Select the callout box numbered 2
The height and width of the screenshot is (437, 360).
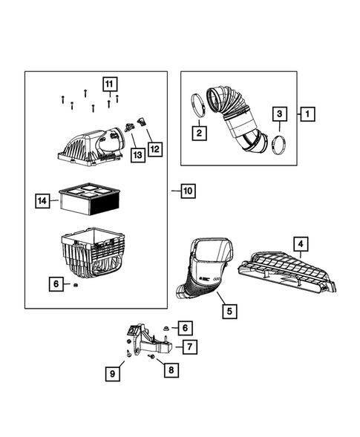[x=198, y=134]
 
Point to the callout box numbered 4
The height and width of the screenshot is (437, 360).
[x=299, y=243]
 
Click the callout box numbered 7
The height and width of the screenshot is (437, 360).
[x=189, y=346]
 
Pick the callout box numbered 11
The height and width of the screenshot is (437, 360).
[x=109, y=83]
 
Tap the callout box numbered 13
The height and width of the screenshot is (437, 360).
[x=137, y=154]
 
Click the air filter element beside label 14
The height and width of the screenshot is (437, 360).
[x=89, y=198]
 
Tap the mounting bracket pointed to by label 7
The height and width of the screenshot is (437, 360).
[x=148, y=344]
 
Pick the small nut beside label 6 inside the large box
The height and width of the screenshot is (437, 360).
[x=76, y=285]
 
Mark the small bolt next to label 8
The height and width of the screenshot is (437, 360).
[x=151, y=358]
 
